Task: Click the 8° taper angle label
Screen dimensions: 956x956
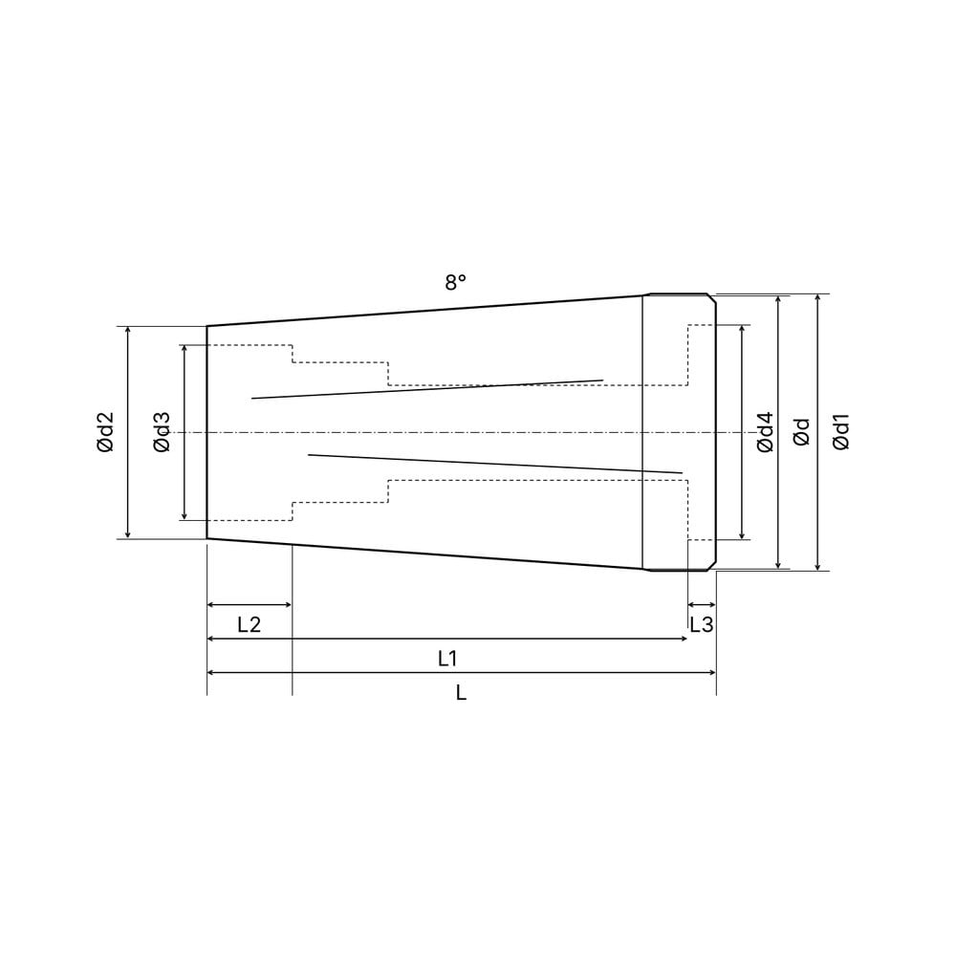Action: click(455, 282)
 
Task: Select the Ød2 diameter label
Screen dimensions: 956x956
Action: click(105, 432)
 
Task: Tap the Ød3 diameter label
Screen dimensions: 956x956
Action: click(163, 432)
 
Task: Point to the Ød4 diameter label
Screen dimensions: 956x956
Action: click(765, 432)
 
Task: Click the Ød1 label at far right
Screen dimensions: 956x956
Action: click(840, 432)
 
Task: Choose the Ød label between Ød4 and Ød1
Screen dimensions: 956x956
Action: click(802, 432)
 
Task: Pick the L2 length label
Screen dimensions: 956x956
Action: click(249, 624)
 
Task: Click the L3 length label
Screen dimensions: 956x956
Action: click(701, 624)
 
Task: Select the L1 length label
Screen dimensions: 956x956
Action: click(447, 659)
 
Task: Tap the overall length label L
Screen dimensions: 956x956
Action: click(461, 692)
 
